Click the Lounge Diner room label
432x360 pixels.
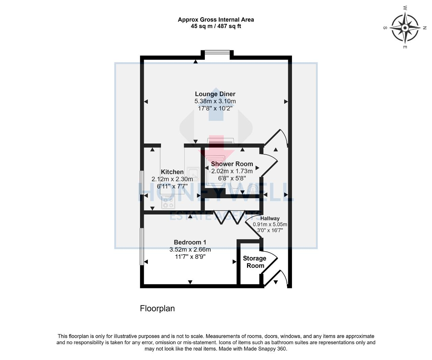tap(215, 94)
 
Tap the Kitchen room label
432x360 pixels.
tap(172, 172)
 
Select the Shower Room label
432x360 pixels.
tap(232, 164)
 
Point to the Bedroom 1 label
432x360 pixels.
tap(190, 242)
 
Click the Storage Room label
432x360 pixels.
tap(255, 262)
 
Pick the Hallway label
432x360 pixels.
tap(270, 218)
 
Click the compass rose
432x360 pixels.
tap(404, 27)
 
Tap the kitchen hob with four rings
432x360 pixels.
tap(168, 203)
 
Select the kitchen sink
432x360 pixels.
tap(193, 173)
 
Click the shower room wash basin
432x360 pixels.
tap(252, 189)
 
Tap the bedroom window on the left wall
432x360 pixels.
tap(142, 246)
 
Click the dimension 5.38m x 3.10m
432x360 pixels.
tap(215, 101)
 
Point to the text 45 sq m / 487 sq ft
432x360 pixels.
tap(216, 26)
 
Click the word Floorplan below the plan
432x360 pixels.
tap(157, 308)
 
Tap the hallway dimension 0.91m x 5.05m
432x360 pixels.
tap(270, 224)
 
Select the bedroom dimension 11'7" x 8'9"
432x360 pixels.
tap(190, 257)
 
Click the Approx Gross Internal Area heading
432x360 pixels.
tap(216, 20)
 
